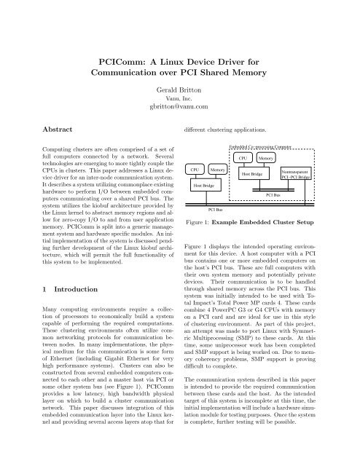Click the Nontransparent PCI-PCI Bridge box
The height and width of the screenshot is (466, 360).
click(296, 175)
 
